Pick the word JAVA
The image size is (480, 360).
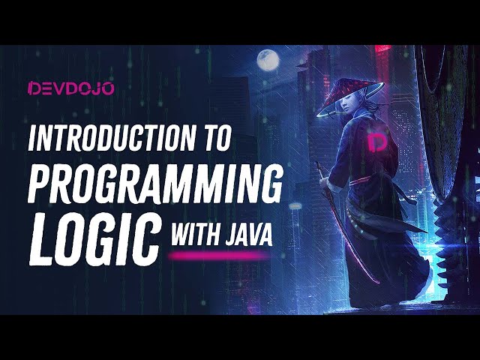click(245, 236)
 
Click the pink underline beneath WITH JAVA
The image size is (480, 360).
click(218, 256)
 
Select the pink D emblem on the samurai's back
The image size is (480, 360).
click(377, 142)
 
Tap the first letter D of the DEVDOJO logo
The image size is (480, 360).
click(33, 88)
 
